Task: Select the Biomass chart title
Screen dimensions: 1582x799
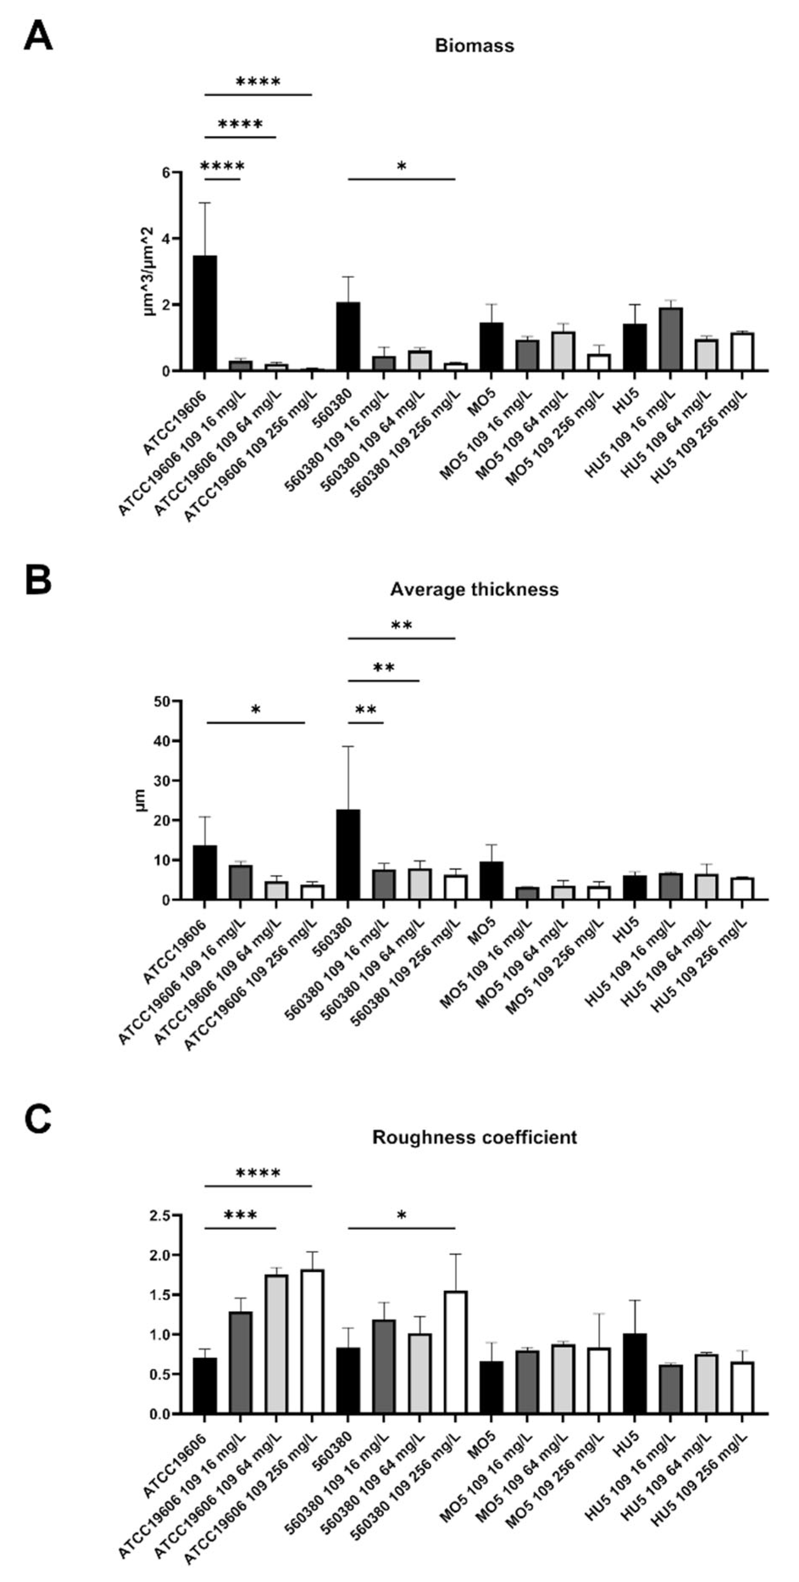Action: point(474,46)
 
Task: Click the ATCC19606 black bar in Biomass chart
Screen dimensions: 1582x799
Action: point(205,313)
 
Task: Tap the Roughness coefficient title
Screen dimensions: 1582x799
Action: point(474,1137)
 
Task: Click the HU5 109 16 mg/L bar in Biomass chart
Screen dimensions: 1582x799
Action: point(670,339)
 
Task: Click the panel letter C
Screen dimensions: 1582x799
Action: point(38,1120)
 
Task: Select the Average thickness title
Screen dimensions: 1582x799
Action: point(474,590)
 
